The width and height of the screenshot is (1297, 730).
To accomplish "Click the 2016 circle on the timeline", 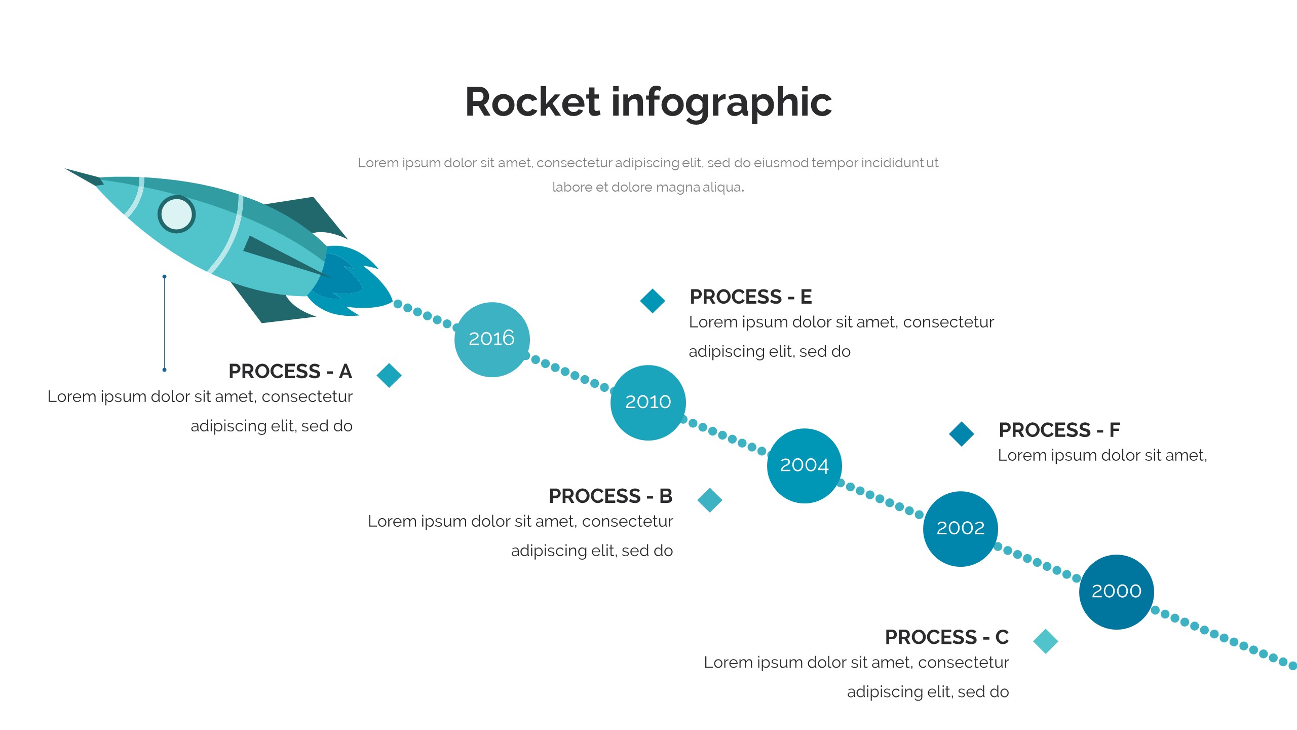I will click(491, 339).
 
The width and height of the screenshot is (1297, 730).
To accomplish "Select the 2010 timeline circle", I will click(648, 403).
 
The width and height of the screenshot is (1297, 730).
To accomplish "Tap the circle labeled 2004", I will click(804, 465).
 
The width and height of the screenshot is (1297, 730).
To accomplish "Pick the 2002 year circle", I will click(960, 528).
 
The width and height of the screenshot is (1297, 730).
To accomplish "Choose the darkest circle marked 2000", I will click(1116, 592).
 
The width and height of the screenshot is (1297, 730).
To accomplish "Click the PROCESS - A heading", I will click(290, 372).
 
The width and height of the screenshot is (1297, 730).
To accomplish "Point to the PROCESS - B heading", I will click(611, 496).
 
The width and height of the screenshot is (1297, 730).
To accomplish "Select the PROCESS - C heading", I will click(946, 637).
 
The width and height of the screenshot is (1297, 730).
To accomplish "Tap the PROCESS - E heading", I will click(751, 297).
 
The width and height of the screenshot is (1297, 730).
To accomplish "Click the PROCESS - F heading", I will click(1059, 430).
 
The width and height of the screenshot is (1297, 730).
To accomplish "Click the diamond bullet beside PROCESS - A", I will click(389, 375).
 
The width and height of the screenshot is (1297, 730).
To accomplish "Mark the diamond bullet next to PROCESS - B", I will click(709, 500).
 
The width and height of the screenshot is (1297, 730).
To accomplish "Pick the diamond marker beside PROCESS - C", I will click(1045, 641).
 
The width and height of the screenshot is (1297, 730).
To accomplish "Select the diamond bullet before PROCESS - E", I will click(653, 301).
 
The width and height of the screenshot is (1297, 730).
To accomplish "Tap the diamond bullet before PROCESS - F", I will click(962, 434).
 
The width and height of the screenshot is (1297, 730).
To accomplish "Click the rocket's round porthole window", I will click(176, 214).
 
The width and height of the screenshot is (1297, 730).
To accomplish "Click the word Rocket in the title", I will click(532, 102).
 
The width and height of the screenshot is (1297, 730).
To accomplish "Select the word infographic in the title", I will click(721, 103).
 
